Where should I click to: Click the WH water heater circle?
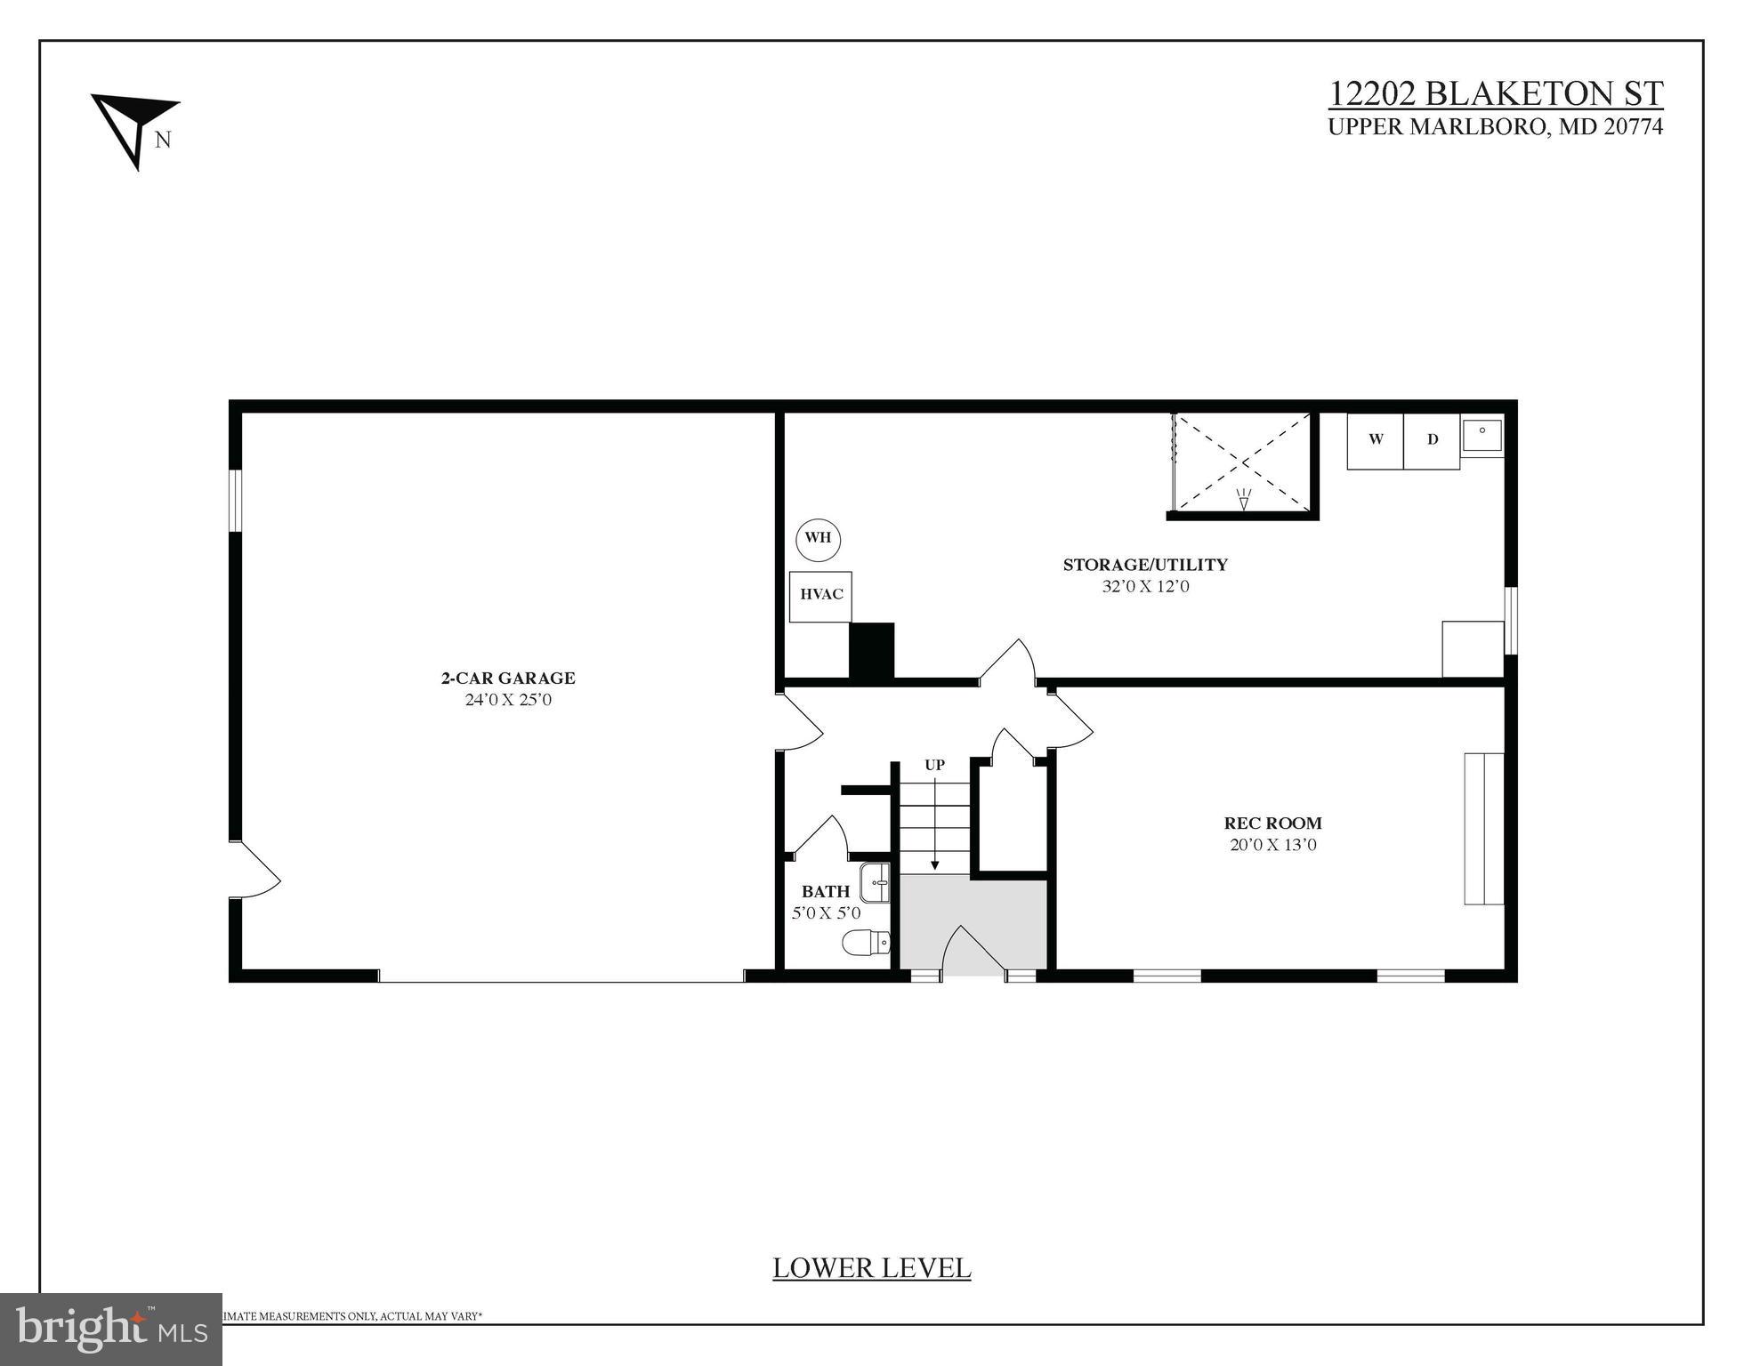coord(818,538)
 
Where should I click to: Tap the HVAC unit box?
coord(820,595)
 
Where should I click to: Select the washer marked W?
coord(1376,440)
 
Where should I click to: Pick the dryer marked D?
coord(1432,440)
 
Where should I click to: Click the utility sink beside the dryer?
coord(1482,435)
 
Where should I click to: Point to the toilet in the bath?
coord(865,943)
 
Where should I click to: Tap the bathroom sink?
coord(876,883)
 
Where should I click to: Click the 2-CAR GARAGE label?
coord(508,678)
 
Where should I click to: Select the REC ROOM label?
coord(1272,824)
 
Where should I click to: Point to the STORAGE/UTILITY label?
coord(1145,565)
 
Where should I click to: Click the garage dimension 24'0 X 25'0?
coord(508,700)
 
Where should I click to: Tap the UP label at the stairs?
coord(934,766)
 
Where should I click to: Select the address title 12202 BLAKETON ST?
coord(1495,93)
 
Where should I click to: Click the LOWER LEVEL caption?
coord(871,1268)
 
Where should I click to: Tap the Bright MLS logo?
coord(111,1329)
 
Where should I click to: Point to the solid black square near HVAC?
coord(871,651)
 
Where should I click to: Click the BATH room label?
coord(826,891)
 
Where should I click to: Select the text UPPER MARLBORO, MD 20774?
coord(1495,127)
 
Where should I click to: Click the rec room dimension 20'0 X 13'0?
coord(1272,845)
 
